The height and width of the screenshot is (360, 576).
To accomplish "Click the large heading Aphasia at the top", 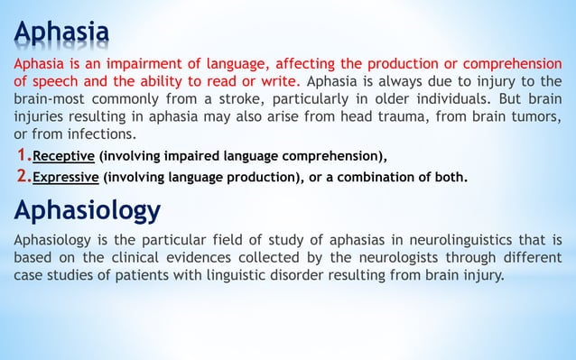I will coord(61,33).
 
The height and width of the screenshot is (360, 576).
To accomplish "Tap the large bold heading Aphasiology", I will coord(88,211).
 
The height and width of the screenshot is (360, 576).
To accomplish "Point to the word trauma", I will coord(386,116).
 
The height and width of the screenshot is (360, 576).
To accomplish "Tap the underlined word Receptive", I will coord(64,154).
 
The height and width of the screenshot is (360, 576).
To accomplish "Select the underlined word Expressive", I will coord(66,177).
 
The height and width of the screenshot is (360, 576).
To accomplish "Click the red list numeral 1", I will coord(23,152).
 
